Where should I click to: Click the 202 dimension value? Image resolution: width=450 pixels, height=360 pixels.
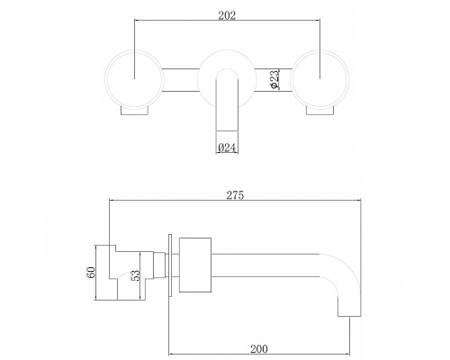click(227, 15)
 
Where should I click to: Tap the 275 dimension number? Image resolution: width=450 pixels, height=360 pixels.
click(235, 195)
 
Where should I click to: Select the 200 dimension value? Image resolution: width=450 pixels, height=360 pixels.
click(259, 349)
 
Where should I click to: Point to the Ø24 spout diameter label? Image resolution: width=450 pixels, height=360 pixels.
click(227, 148)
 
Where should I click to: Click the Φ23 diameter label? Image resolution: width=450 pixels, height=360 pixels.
click(274, 79)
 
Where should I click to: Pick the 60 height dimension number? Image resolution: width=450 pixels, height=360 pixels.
click(91, 272)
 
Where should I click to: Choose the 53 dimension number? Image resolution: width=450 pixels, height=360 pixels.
click(136, 275)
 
